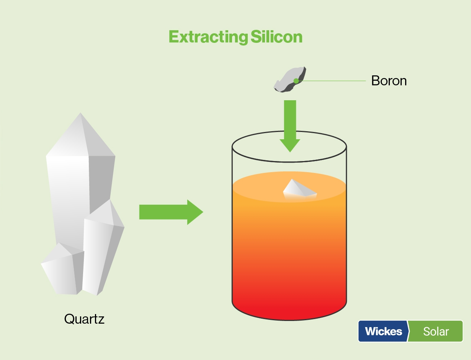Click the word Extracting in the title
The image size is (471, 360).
coord(208,37)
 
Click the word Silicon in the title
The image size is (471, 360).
coord(276,37)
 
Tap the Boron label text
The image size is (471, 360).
coord(389,81)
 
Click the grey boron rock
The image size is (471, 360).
coord(290,80)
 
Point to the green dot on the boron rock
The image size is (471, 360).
coord(296,81)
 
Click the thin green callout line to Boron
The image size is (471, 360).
coord(332,81)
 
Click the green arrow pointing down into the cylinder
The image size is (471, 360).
coord(290,126)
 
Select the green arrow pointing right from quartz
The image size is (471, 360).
coord(171,212)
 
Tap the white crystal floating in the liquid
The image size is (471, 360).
coord(299,190)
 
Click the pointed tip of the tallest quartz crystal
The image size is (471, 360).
coord(80,113)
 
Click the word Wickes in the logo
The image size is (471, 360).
coord(383,331)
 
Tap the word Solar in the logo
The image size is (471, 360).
coord(436,332)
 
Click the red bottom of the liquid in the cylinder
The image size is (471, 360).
coord(289,309)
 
